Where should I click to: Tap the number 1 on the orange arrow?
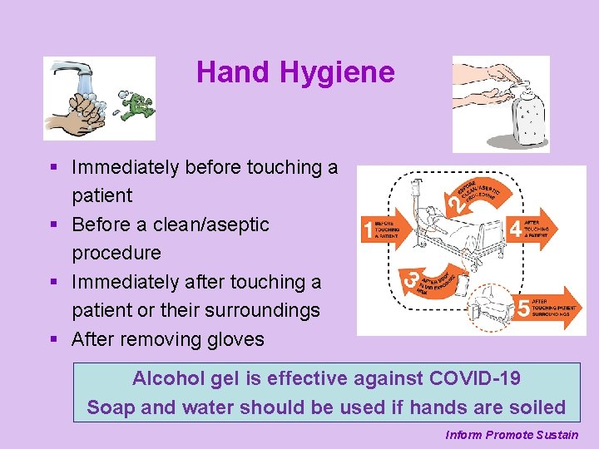click(368, 230)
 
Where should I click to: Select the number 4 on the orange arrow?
click(517, 228)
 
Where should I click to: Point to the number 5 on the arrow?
click(522, 308)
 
